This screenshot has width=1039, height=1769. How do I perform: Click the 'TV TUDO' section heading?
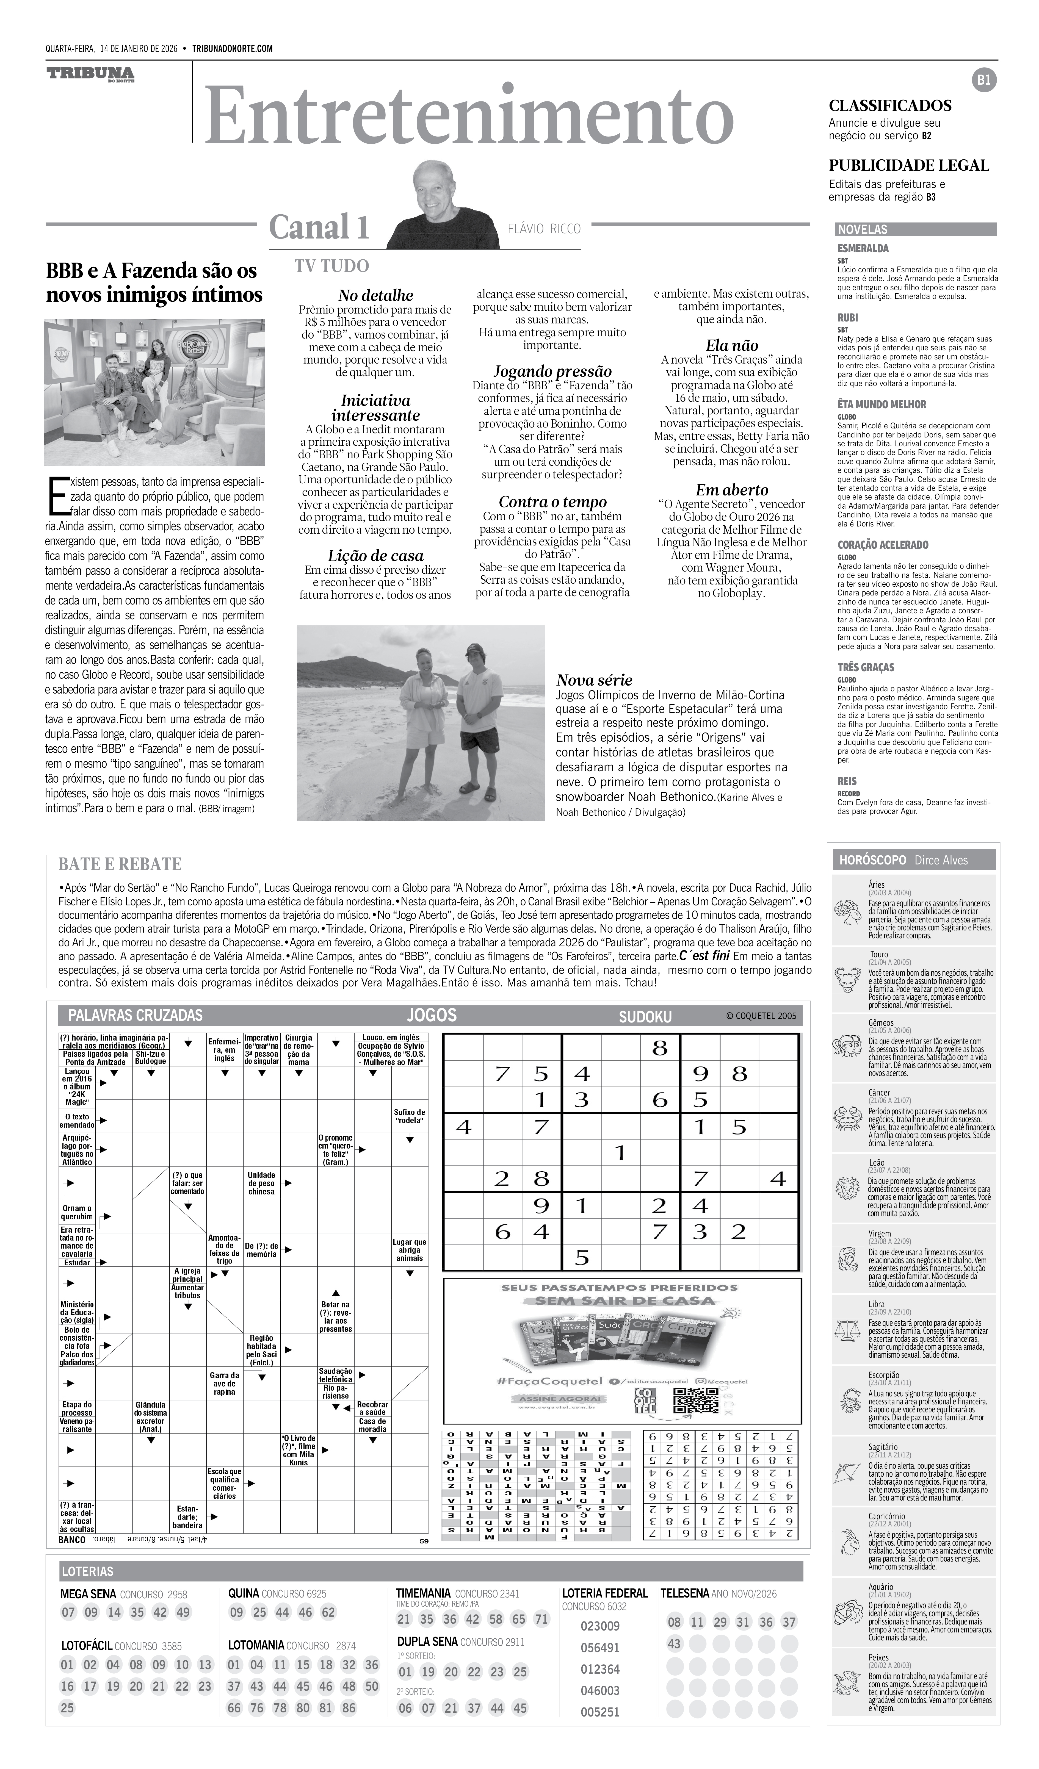331,266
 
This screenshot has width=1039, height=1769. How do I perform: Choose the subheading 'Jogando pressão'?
552,371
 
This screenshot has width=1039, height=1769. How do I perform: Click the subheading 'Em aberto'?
731,490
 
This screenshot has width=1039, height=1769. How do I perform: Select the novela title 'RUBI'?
848,317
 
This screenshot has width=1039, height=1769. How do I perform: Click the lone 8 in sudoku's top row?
659,1049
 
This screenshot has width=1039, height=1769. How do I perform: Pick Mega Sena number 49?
183,1612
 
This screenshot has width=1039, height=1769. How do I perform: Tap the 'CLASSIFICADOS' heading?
890,106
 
